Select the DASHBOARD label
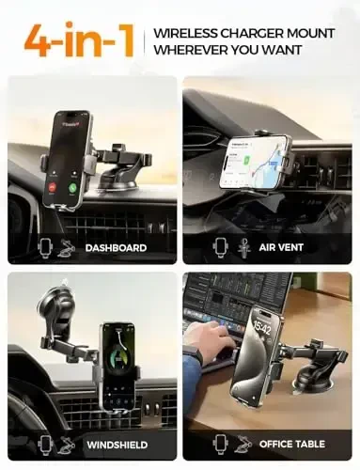[116, 248]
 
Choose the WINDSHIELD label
[117, 443]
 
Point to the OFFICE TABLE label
[293, 443]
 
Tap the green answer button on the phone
[70, 187]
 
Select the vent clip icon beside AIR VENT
[244, 248]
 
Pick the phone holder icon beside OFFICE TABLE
[220, 443]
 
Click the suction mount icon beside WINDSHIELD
[68, 443]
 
